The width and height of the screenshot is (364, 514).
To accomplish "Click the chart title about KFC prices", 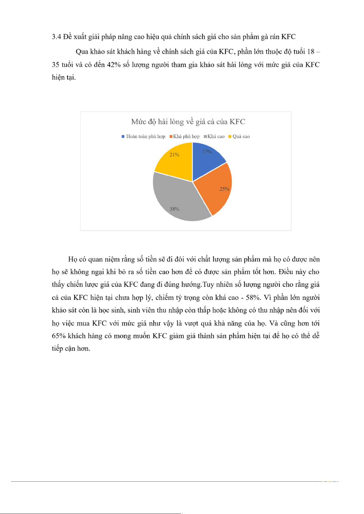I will pos(188,122).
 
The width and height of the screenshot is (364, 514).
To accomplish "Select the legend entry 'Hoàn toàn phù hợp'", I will pos(145,136).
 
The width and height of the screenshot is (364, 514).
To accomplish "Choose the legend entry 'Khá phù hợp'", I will pos(186,136).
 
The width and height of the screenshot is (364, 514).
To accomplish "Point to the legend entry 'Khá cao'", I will pos(216,136).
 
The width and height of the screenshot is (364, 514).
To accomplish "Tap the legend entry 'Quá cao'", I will pos(241,136).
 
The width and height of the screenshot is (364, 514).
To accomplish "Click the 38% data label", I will pos(174,209).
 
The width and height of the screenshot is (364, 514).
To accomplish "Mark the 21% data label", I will pos(174,155).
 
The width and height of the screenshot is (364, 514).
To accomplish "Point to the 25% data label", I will pos(224,189).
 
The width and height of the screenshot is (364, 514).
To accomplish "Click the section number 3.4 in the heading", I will pos(57,37).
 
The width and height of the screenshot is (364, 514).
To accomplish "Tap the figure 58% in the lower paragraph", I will pos(253,297).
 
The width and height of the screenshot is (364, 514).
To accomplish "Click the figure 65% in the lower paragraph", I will pos(59,336).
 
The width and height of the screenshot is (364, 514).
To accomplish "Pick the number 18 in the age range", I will pos(311,52).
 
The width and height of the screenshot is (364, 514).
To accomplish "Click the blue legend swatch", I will pos(123,136).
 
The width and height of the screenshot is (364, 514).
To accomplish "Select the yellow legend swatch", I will pos(230,136).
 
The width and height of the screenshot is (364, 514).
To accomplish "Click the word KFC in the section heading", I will pos(288,37).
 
